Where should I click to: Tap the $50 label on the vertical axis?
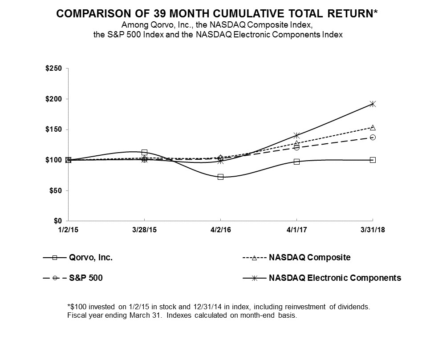57,190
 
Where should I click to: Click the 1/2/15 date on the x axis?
68,231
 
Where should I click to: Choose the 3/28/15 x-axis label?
144,231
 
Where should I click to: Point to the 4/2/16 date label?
220,231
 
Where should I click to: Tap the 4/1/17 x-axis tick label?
296,231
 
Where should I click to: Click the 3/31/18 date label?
373,231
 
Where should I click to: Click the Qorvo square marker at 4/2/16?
220,177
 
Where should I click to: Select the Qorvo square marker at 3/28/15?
144,152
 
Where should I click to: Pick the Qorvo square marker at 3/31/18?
373,160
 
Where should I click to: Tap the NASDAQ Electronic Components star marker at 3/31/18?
373,104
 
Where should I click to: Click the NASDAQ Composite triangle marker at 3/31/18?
373,128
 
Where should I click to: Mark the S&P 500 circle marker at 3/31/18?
373,137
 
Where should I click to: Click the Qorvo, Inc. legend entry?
93,257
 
